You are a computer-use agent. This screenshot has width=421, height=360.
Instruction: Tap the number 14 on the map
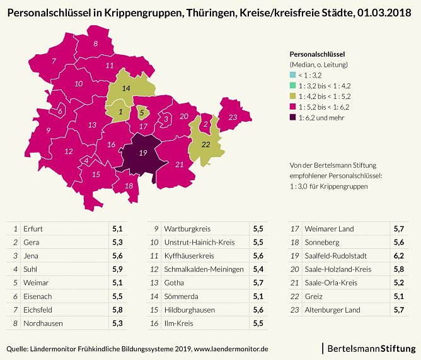[126, 89]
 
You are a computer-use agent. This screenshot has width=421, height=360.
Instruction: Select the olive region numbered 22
[205, 144]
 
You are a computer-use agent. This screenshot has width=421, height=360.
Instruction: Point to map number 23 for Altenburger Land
[233, 117]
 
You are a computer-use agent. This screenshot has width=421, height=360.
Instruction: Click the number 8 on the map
[96, 44]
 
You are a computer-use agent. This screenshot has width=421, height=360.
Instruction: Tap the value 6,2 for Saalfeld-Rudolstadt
[398, 255]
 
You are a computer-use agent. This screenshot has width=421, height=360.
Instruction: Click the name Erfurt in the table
[32, 228]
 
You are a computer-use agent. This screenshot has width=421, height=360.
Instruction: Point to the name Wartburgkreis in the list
[187, 228]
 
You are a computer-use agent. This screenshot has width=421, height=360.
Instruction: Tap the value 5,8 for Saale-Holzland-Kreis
[398, 269]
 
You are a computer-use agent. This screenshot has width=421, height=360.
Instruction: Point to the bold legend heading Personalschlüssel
[316, 54]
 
